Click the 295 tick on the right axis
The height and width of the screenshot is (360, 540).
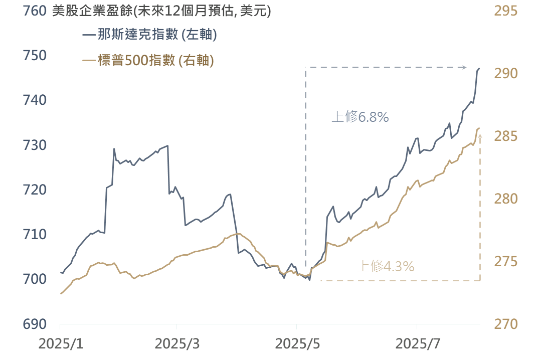point(506,11)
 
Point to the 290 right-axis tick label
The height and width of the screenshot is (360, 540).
point(506,74)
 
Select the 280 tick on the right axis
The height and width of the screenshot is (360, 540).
point(506,199)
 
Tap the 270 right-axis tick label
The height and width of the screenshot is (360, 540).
point(506,324)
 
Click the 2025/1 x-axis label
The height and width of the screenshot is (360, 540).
point(60,344)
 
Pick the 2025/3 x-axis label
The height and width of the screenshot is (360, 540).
point(177,344)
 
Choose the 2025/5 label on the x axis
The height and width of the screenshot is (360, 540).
point(297,344)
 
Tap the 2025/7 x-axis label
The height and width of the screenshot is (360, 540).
point(417,344)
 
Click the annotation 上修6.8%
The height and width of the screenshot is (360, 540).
point(360,117)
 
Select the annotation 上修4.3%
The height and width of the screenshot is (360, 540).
point(386,266)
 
